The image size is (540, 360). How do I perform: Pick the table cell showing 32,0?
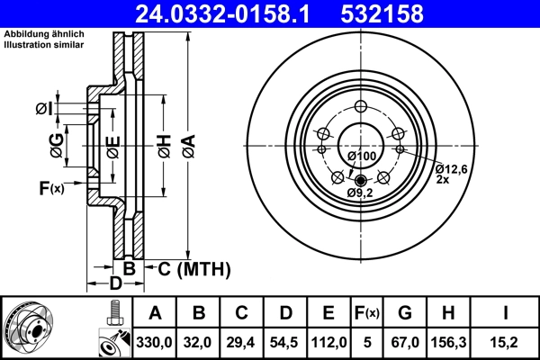(200, 340)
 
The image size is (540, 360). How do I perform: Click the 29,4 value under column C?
(242, 340)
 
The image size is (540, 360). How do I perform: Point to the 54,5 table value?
(285, 340)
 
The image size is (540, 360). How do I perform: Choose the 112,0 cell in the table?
(328, 340)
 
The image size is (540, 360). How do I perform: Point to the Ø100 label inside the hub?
(361, 157)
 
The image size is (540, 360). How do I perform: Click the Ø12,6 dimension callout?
(452, 168)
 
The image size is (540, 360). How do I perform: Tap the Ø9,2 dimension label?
(360, 192)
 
